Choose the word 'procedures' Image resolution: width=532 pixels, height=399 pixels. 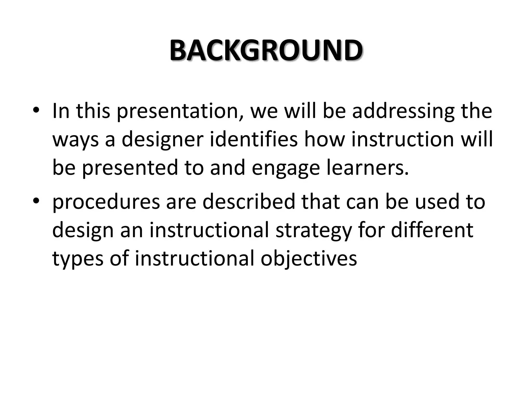pyautogui.click(x=106, y=202)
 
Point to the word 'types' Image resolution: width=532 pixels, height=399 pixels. pyautogui.click(x=78, y=259)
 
